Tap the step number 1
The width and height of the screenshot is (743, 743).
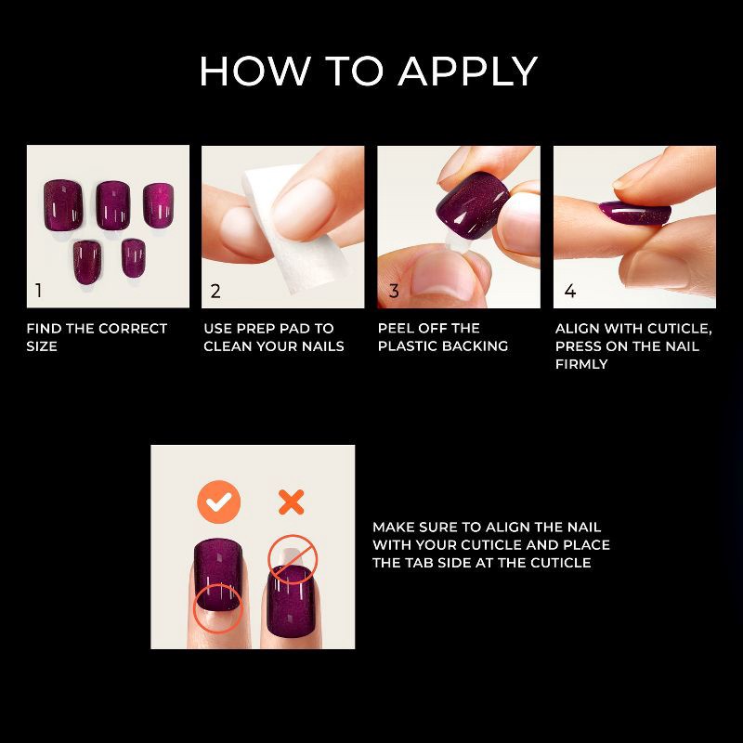point(38,291)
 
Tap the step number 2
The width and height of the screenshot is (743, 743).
point(215,291)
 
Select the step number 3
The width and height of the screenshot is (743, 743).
point(394,291)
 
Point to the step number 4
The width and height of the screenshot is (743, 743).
point(569,291)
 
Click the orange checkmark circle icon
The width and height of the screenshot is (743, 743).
point(219,503)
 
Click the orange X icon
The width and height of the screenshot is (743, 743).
point(292,503)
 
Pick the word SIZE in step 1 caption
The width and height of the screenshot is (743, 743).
point(42,346)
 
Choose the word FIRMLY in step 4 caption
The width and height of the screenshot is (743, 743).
point(581,364)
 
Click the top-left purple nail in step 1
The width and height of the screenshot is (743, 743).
point(64,203)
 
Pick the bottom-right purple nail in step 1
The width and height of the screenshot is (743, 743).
point(134,255)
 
